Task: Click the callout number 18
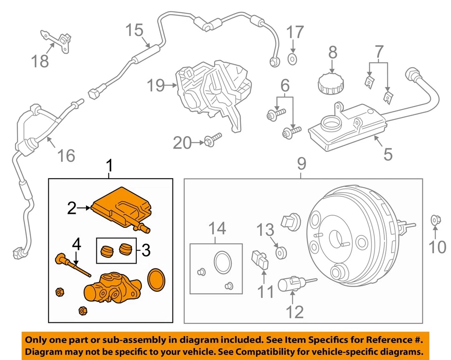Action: click(x=40, y=61)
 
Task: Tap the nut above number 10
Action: click(x=435, y=219)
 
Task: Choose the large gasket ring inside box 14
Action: click(x=221, y=262)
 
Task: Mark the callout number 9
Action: click(x=301, y=164)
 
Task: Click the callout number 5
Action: click(x=388, y=153)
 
